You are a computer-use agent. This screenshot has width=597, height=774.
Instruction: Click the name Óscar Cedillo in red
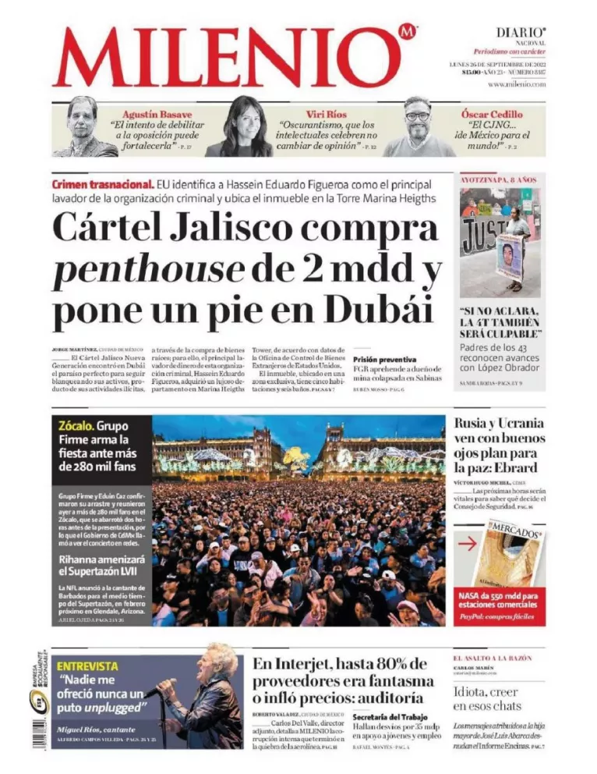click(492, 114)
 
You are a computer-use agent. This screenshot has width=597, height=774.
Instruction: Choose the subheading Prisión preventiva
click(385, 359)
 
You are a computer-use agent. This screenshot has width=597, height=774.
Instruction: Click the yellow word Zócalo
click(76, 426)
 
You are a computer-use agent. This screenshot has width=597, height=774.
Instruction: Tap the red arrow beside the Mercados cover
click(468, 545)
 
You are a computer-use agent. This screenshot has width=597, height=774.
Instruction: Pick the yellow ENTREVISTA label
click(88, 666)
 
